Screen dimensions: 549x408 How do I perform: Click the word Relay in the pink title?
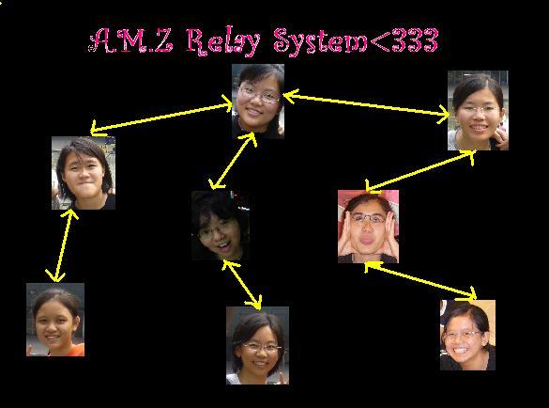pyautogui.click(x=223, y=42)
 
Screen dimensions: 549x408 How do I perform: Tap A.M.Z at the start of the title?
pyautogui.click(x=131, y=40)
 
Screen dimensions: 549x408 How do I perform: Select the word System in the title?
pyautogui.click(x=320, y=41)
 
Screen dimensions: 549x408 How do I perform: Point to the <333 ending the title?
pyautogui.click(x=404, y=39)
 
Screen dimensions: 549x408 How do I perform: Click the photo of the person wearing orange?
pyautogui.click(x=55, y=320)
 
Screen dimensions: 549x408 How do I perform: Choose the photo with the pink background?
pyautogui.click(x=368, y=227)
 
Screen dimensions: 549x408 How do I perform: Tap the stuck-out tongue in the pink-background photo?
pyautogui.click(x=367, y=241)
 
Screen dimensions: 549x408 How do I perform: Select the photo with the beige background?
pyautogui.click(x=467, y=335)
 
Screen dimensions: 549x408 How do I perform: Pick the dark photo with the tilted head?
pyautogui.click(x=221, y=226)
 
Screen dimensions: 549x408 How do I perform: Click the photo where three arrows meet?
pyautogui.click(x=258, y=102)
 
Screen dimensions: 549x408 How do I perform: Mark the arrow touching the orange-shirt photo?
pyautogui.click(x=63, y=245)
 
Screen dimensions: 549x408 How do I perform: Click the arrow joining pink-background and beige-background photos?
pyautogui.click(x=420, y=281)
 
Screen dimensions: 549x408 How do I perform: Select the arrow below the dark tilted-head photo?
pyautogui.click(x=242, y=285)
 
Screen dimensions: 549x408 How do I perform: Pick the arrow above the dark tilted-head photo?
pyautogui.click(x=233, y=161)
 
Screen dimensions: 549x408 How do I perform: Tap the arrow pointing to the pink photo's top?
pyautogui.click(x=420, y=171)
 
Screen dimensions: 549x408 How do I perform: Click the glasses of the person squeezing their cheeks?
pyautogui.click(x=368, y=219)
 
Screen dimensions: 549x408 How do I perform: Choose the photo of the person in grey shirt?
pyautogui.click(x=478, y=111)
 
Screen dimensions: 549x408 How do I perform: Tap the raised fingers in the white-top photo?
pyautogui.click(x=282, y=378)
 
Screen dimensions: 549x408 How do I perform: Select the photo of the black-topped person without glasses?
pyautogui.click(x=84, y=173)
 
